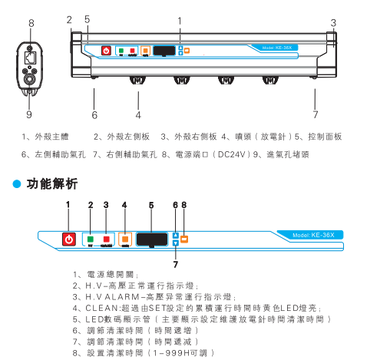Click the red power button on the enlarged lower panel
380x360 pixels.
point(69,239)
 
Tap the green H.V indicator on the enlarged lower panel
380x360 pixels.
point(91,238)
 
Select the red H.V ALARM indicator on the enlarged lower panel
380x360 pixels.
point(107,238)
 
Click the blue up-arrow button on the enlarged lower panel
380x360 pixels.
point(176,235)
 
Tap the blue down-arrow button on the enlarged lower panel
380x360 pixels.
point(176,243)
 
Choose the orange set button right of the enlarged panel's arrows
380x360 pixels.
point(184,238)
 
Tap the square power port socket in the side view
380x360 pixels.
point(30,58)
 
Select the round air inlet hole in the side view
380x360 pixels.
point(30,78)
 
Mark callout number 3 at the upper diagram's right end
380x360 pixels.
point(333,21)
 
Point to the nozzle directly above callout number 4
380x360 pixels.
point(138,81)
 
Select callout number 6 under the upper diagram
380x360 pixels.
point(94,115)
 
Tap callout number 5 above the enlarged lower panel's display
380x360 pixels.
point(151,204)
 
